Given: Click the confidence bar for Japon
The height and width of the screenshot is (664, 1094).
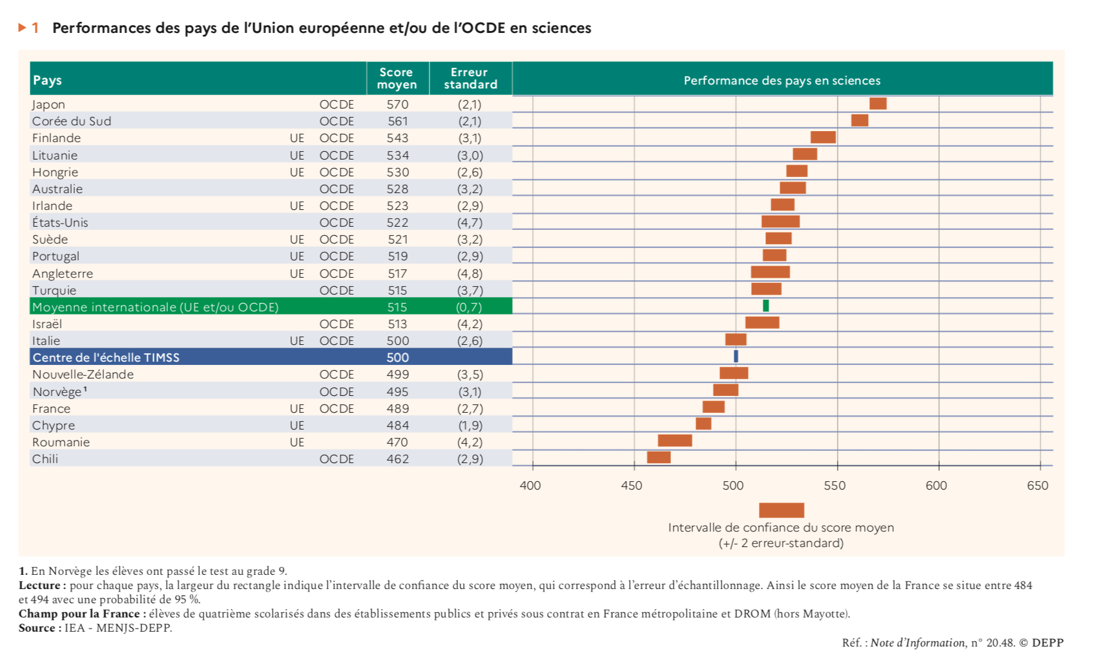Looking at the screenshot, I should click(878, 104).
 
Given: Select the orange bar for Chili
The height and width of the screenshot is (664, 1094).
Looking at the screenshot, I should click(659, 457).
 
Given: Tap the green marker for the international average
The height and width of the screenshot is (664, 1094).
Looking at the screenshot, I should click(766, 306).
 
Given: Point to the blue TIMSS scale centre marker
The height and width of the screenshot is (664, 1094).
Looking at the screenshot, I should click(736, 356).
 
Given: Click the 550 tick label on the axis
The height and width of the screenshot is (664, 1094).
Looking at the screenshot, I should click(834, 486).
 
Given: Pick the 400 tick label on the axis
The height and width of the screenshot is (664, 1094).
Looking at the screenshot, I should click(530, 486).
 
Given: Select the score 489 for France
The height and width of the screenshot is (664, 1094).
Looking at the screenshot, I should click(398, 409).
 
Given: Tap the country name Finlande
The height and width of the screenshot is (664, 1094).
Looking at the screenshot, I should click(57, 138).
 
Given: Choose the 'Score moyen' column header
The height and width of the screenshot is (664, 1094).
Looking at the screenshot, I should click(397, 79).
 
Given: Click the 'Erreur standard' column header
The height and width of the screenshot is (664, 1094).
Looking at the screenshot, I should click(470, 79).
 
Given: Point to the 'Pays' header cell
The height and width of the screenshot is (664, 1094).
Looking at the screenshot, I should click(48, 81).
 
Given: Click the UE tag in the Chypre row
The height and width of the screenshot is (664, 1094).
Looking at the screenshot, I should click(297, 426).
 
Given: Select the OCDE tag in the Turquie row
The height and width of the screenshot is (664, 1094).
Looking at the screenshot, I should click(336, 291).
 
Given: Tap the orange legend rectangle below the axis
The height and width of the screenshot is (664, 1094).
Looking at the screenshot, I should click(781, 510).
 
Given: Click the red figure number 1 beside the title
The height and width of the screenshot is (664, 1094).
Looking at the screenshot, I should click(36, 28).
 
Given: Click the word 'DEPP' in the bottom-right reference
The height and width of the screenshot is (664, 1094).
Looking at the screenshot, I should click(1048, 643).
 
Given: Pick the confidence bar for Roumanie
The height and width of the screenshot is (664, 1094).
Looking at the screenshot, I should click(675, 441).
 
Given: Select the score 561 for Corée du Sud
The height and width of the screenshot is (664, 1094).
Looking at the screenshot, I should click(398, 121).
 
